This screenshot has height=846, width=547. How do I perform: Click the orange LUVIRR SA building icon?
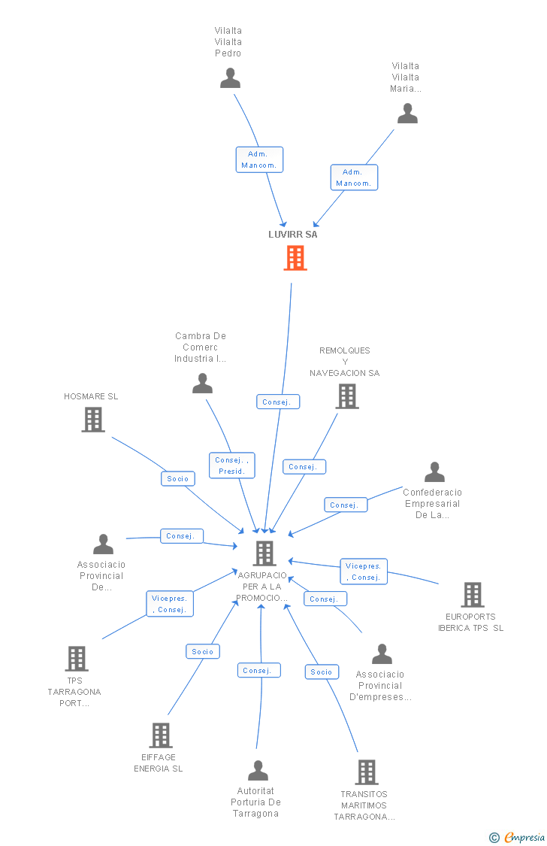[x=295, y=258]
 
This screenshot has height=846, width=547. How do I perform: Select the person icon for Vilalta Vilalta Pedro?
[x=230, y=78]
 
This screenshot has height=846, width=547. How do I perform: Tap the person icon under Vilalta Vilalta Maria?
[x=407, y=114]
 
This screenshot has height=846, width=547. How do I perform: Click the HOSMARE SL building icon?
[x=93, y=420]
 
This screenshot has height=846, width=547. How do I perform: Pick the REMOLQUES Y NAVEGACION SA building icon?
[x=346, y=396]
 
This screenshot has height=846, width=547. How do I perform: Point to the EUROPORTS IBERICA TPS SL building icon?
[x=472, y=595]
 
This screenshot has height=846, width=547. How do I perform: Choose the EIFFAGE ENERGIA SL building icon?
[x=161, y=735]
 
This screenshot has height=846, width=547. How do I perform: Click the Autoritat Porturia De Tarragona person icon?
[x=258, y=770]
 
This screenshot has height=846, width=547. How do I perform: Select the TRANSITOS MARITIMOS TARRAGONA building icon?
[x=366, y=772]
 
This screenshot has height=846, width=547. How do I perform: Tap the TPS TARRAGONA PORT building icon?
[x=77, y=659]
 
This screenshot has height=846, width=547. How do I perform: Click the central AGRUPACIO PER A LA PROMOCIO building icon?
[x=264, y=553]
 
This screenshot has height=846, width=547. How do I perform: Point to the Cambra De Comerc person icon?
[x=202, y=384]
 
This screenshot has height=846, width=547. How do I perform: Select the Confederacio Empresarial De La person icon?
[x=434, y=472]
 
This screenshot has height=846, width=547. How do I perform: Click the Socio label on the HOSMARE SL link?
[x=178, y=478]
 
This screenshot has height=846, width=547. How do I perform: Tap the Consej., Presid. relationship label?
[x=231, y=465]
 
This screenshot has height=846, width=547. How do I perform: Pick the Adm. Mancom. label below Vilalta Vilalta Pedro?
[x=259, y=159]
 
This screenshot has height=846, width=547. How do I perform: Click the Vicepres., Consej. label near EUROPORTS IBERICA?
[x=364, y=572]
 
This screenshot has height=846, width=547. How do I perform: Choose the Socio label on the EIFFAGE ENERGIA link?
[x=203, y=652]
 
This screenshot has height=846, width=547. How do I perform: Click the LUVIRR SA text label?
[x=293, y=234]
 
